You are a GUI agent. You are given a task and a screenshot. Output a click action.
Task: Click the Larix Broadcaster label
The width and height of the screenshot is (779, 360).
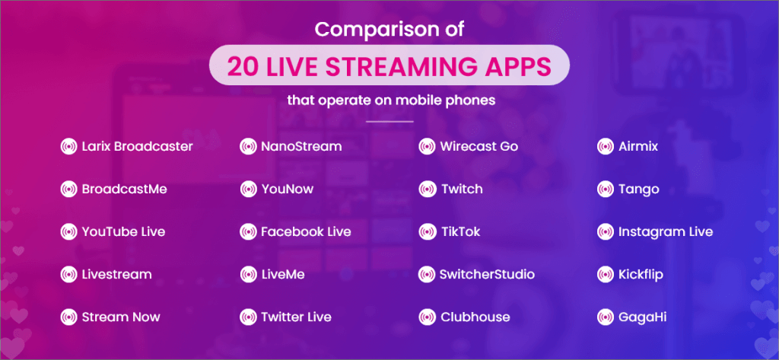[x=138, y=147]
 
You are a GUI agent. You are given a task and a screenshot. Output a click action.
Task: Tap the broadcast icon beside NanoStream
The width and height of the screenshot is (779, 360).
[x=248, y=147]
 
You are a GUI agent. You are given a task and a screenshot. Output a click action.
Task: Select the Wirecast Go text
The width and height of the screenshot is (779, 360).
[x=479, y=147]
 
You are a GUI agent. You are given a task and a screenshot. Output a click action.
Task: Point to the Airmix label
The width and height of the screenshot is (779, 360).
[x=638, y=147]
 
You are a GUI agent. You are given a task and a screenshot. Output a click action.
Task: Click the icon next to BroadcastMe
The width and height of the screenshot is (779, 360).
[x=68, y=190]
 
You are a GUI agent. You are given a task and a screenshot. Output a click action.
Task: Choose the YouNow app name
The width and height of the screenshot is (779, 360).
[x=288, y=190]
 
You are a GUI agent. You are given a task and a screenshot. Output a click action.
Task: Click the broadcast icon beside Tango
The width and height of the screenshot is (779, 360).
[x=606, y=190]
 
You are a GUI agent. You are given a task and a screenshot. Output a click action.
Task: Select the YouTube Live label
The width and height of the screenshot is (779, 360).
[x=124, y=231]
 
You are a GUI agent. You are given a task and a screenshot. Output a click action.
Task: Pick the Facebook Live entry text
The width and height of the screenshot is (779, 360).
[x=306, y=231]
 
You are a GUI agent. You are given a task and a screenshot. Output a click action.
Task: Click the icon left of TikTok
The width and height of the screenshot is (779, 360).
[x=428, y=231]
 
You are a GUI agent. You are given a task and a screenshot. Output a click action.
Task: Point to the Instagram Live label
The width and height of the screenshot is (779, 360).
[x=666, y=231]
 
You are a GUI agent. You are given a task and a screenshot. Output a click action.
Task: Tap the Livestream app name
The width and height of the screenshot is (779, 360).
[x=116, y=275]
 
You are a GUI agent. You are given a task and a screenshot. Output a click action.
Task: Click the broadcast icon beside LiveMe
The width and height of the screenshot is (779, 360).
[x=248, y=275]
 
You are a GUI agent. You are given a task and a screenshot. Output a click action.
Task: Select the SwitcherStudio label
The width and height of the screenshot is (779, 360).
[x=488, y=275]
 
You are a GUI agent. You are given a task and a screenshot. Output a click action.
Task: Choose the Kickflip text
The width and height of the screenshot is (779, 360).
[x=641, y=275]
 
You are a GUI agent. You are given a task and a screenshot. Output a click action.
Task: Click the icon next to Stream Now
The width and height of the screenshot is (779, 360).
[x=68, y=317]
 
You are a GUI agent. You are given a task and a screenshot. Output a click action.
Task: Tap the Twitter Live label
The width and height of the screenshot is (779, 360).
[x=296, y=317]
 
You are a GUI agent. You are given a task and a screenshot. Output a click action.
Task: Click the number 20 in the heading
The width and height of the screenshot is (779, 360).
[x=243, y=67]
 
